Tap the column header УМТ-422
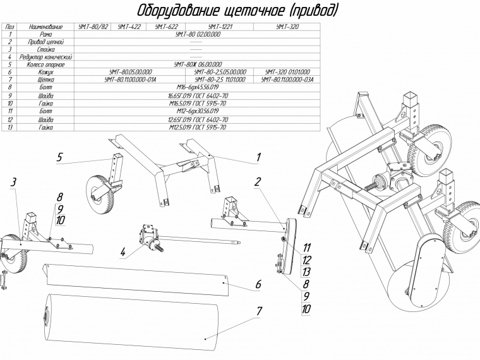click(x=129, y=27)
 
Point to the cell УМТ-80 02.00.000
click(x=198, y=34)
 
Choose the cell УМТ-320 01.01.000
click(x=288, y=72)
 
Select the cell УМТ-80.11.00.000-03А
click(x=288, y=80)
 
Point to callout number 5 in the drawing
click(x=59, y=157)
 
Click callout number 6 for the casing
click(x=258, y=285)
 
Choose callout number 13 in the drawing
click(x=306, y=272)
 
